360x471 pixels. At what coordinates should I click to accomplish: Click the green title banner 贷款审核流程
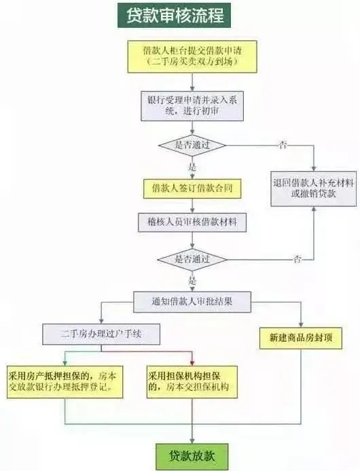[x=174, y=16]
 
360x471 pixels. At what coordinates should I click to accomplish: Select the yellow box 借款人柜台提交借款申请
[x=192, y=57]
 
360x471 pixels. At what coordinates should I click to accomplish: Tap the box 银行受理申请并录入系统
[x=192, y=106]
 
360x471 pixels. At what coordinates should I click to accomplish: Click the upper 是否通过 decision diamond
[x=192, y=145]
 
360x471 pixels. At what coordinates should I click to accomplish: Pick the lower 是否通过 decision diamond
[x=192, y=260]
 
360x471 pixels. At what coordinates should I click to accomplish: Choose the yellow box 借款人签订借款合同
[x=192, y=189]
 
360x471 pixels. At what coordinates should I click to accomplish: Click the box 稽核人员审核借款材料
[x=192, y=222]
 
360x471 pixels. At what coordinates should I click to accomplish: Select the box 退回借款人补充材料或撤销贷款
[x=313, y=189]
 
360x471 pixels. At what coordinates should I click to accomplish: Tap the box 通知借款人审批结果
[x=192, y=302]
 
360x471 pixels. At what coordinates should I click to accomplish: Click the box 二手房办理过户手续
[x=101, y=334]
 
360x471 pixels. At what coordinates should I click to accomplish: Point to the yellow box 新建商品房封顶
[x=300, y=338]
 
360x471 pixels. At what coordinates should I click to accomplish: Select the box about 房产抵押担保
[x=65, y=382]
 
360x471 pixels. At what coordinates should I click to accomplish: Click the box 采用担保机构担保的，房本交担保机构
[x=192, y=382]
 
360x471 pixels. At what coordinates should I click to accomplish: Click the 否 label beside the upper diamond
[x=283, y=145]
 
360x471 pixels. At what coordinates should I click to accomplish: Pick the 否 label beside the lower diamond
[x=298, y=259]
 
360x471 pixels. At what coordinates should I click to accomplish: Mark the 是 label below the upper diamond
[x=192, y=167]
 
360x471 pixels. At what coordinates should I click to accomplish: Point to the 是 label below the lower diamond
[x=192, y=281]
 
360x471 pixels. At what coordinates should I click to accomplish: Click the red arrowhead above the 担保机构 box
[x=192, y=362]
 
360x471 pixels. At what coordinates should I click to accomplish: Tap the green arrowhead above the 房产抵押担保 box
[x=65, y=362]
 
